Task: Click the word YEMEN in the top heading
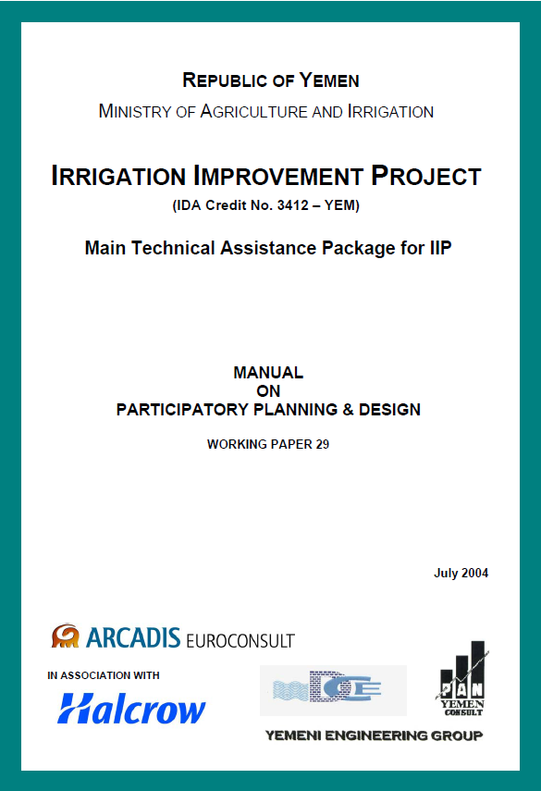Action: [328, 80]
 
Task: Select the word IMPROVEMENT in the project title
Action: [277, 176]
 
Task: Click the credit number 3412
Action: [293, 205]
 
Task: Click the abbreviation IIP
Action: [440, 248]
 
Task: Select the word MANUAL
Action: [268, 372]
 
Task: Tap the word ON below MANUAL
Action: [268, 391]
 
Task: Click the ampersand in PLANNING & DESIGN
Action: [348, 410]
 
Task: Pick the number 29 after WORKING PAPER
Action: [323, 444]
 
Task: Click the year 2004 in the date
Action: [475, 573]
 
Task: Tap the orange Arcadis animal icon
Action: [65, 637]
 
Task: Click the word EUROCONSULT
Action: [240, 641]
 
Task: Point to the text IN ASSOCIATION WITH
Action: [104, 675]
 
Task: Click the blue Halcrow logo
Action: [131, 709]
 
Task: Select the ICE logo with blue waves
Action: [333, 690]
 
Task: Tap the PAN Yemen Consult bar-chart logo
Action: [461, 678]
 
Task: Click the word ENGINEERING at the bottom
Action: [376, 736]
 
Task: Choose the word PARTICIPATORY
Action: [182, 410]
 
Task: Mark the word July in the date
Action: [447, 574]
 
